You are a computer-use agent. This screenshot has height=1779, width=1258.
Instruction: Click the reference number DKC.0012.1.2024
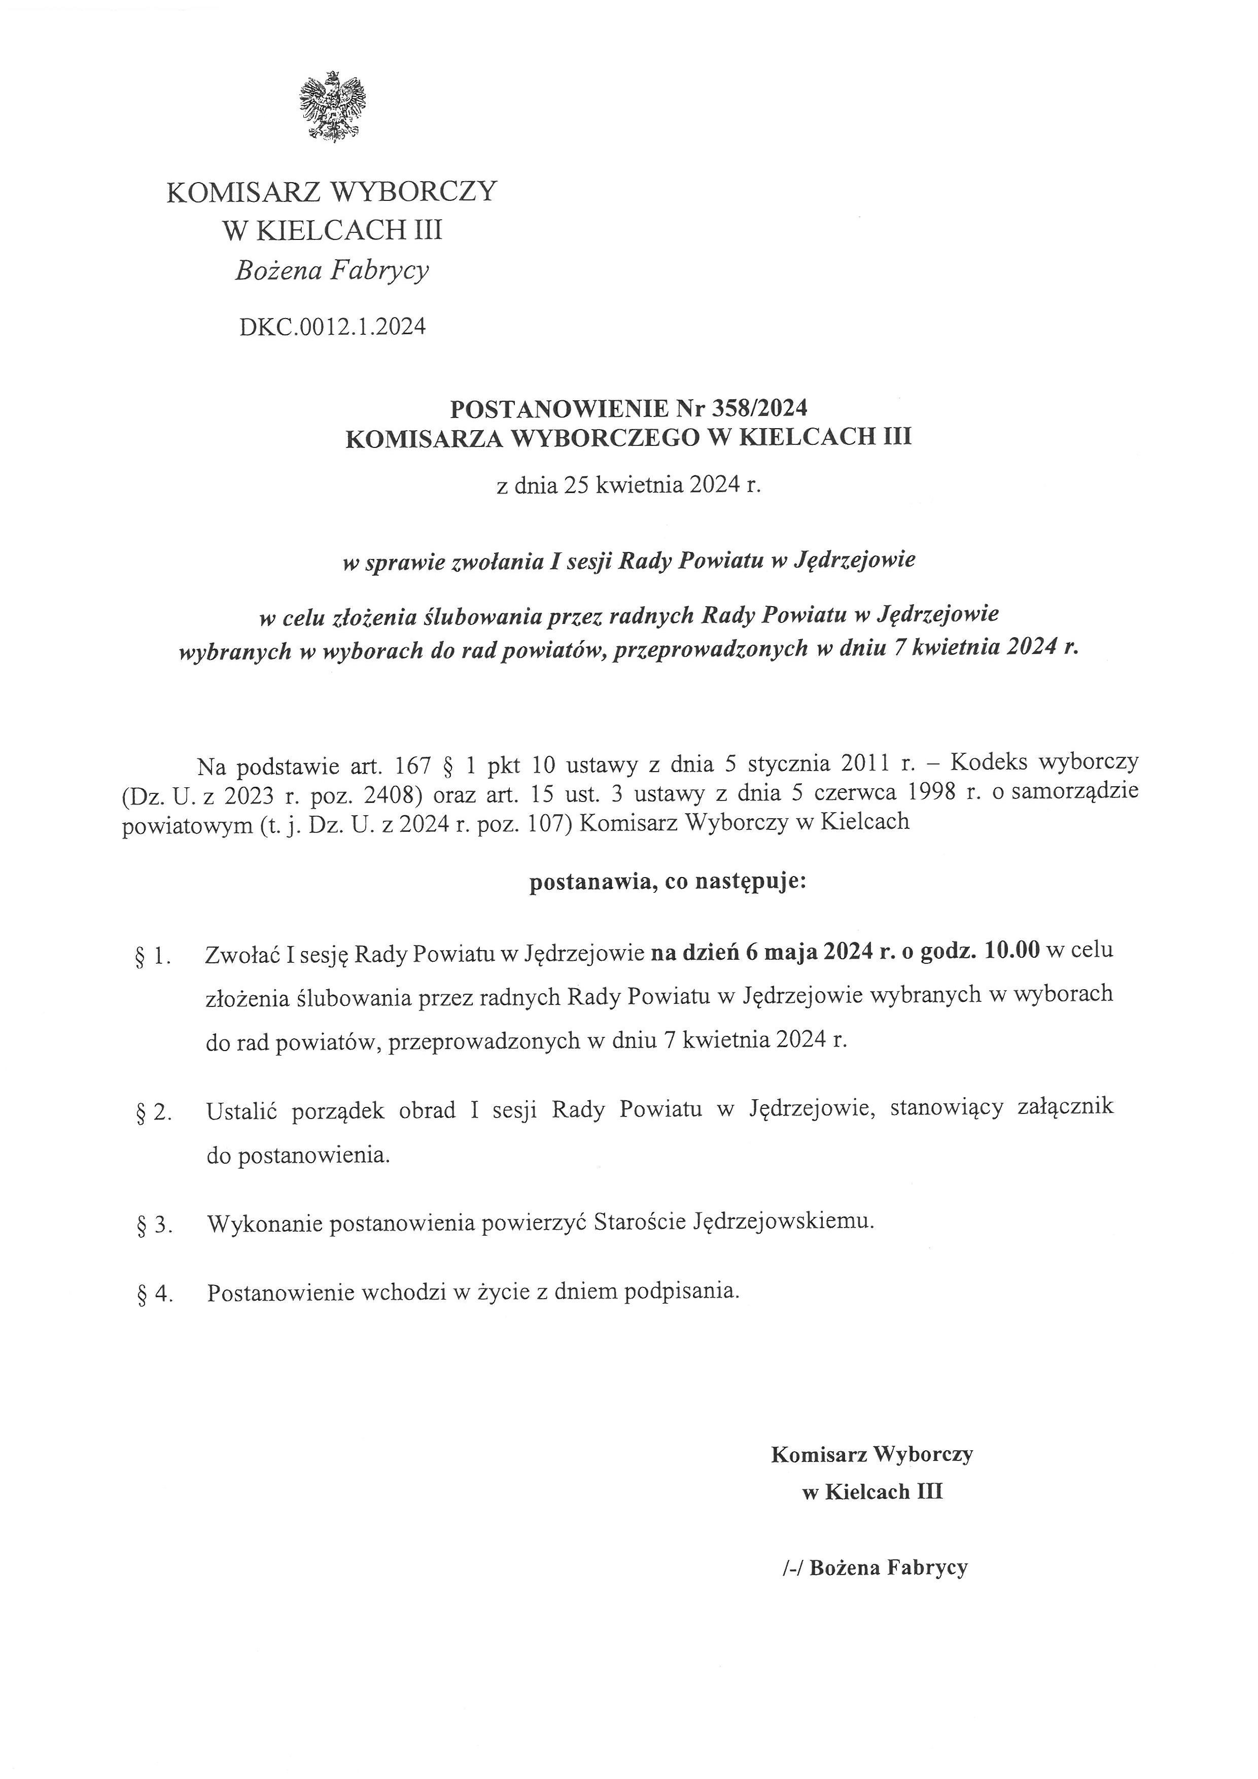(332, 327)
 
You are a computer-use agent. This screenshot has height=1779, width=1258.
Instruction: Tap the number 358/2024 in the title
(762, 407)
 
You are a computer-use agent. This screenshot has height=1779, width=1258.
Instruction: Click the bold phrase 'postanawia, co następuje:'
(667, 882)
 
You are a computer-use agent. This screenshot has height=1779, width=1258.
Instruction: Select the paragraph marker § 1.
(153, 958)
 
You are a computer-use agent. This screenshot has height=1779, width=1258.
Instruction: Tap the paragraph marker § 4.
(153, 1295)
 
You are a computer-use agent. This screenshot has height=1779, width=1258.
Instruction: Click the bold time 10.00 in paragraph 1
(1011, 951)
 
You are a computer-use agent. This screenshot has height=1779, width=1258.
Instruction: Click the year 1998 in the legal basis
(923, 793)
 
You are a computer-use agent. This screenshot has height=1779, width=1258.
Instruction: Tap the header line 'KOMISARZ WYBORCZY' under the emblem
(332, 191)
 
